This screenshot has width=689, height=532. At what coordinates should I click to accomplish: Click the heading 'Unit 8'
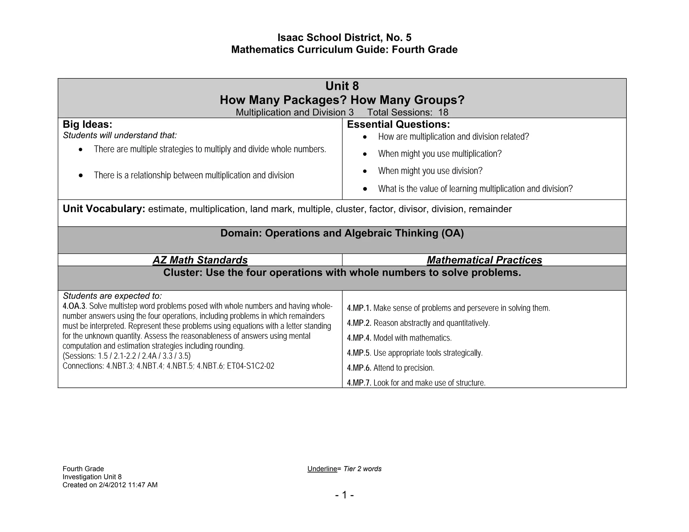[x=342, y=86]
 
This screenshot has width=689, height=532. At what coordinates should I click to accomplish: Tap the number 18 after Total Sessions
[x=443, y=112]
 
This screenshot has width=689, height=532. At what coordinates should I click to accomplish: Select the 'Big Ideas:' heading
[x=87, y=124]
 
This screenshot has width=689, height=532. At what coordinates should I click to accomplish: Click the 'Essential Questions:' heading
[x=398, y=124]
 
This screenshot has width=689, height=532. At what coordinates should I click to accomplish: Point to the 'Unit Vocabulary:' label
[x=104, y=209]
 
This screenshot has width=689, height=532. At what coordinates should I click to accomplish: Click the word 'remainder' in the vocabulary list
[x=490, y=209]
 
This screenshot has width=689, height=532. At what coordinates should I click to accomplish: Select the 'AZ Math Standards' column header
[x=200, y=260]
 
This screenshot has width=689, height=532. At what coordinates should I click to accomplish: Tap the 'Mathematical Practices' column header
[x=484, y=260]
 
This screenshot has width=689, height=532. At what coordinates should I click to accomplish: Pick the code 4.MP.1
[x=359, y=308]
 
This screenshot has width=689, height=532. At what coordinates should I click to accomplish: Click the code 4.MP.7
[x=359, y=383]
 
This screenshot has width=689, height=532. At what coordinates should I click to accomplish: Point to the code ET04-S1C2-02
[x=251, y=366]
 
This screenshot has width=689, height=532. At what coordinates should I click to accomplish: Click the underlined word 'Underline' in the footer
[x=322, y=469]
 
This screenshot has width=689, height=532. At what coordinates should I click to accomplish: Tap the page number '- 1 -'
[x=344, y=495]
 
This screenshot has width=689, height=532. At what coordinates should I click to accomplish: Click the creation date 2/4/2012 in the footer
[x=112, y=485]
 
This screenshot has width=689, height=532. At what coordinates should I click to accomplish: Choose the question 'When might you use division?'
[x=430, y=171]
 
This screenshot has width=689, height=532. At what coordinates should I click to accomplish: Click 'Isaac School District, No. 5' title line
[x=344, y=37]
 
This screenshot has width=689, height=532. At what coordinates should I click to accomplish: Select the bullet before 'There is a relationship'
[x=81, y=175]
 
